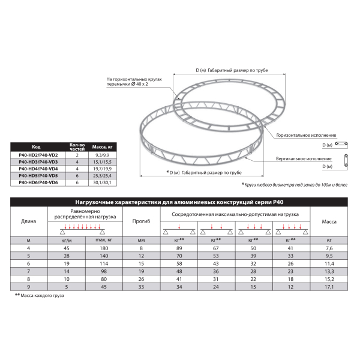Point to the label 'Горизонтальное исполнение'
point(307,136)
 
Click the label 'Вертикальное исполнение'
point(305,160)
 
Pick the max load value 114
point(103,263)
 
